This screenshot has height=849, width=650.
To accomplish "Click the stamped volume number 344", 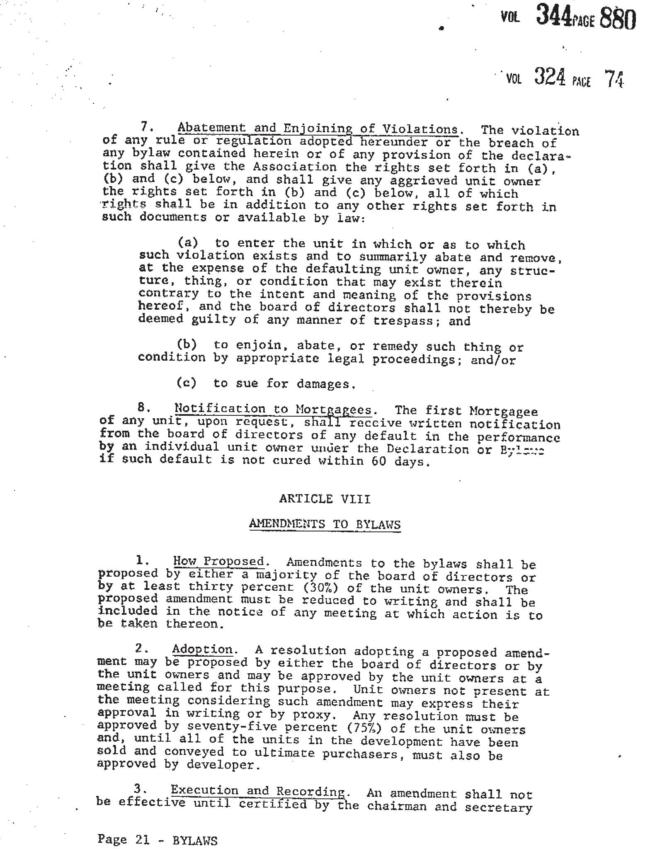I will [x=552, y=16].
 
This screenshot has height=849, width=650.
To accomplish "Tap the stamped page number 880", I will [x=617, y=19].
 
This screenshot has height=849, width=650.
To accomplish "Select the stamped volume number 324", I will [x=549, y=77].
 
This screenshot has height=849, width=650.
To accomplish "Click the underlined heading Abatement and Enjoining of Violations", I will [x=318, y=129].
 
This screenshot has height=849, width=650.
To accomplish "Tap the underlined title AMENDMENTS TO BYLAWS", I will [x=325, y=524].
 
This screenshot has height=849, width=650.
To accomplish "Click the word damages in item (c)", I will [x=326, y=384].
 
